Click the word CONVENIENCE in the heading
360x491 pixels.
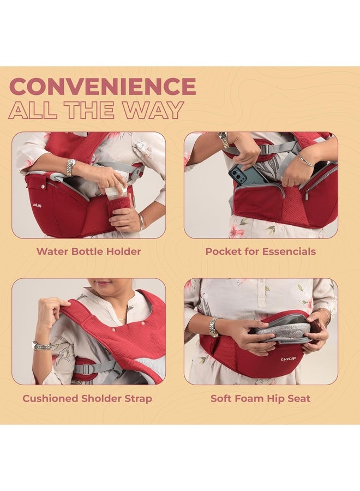point(103,87)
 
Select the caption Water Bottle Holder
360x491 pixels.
point(88,252)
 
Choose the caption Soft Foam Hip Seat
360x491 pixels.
point(260,398)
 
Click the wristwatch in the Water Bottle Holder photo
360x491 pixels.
point(70,167)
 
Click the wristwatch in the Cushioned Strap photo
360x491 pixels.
point(41,345)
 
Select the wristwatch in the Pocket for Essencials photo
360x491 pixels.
point(224,140)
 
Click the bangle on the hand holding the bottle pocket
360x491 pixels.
point(141,221)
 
